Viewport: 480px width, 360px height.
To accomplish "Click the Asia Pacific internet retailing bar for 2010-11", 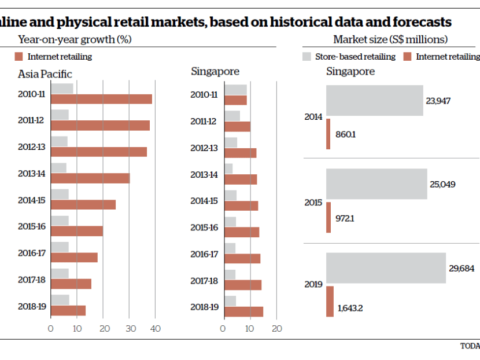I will [101, 99].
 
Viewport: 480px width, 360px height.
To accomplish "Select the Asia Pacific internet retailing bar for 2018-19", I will [68, 310].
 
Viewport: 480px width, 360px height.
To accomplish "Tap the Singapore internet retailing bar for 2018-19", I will [243, 311].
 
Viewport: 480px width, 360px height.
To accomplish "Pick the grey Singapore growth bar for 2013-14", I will [228, 168].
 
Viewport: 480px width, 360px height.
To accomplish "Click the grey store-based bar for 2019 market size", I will [386, 267].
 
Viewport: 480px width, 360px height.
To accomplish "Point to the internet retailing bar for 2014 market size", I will [328, 134].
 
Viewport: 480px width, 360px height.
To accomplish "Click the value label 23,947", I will [438, 101].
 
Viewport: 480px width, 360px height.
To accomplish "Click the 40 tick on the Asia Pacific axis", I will [154, 329].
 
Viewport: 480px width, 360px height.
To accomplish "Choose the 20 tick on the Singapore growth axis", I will [276, 329].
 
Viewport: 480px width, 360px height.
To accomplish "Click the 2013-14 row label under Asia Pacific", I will [32, 174].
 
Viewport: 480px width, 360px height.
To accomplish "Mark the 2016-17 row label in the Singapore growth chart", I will [205, 254].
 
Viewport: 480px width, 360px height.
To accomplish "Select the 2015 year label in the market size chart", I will [313, 203].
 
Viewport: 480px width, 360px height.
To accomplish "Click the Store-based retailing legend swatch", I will [307, 57].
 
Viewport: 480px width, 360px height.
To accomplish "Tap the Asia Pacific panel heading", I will [45, 74].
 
